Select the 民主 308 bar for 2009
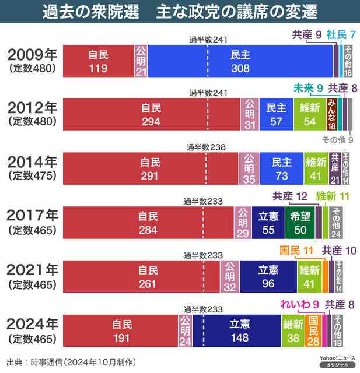[240, 61]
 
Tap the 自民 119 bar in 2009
[98, 61]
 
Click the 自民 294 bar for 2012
[151, 114]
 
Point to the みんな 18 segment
[331, 114]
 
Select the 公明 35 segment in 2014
[249, 167]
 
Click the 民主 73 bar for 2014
[281, 167]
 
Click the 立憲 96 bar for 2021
[268, 276]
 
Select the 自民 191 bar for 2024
[119, 330]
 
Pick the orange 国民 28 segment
[313, 330]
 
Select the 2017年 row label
[32, 216]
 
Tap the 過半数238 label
[205, 147]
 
